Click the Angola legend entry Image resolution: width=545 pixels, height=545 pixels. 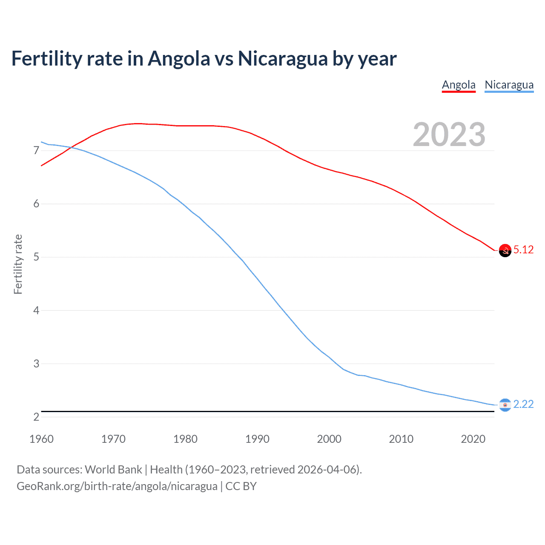[x=459, y=85]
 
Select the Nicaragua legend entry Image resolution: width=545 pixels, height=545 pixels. [x=509, y=85]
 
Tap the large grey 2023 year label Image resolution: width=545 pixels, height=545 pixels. [x=449, y=135]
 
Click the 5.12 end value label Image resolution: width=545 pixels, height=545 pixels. [x=523, y=250]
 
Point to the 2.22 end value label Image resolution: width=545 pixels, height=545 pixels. [x=523, y=404]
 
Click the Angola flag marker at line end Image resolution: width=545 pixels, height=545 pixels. [x=505, y=251]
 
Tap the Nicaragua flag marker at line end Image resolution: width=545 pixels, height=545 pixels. [x=505, y=405]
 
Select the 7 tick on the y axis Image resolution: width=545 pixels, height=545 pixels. [x=36, y=151]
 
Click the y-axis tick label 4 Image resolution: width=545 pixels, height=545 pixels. [x=36, y=310]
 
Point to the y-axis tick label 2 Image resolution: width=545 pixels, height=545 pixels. [x=36, y=417]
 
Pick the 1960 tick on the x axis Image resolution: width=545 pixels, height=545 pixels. [x=41, y=439]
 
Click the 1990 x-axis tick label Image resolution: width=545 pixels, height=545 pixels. [x=257, y=439]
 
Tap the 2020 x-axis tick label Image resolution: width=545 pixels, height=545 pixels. [x=473, y=439]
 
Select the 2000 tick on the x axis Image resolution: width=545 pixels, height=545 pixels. [x=329, y=439]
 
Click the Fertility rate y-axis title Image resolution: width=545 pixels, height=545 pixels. [x=18, y=264]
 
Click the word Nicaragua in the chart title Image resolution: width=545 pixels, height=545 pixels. [x=282, y=59]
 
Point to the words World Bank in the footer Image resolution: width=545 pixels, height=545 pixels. [x=113, y=470]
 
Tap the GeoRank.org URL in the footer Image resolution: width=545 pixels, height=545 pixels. [x=117, y=486]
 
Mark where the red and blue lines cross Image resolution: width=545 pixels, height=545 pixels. [x=71, y=147]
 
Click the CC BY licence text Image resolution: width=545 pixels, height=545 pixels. [x=241, y=486]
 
